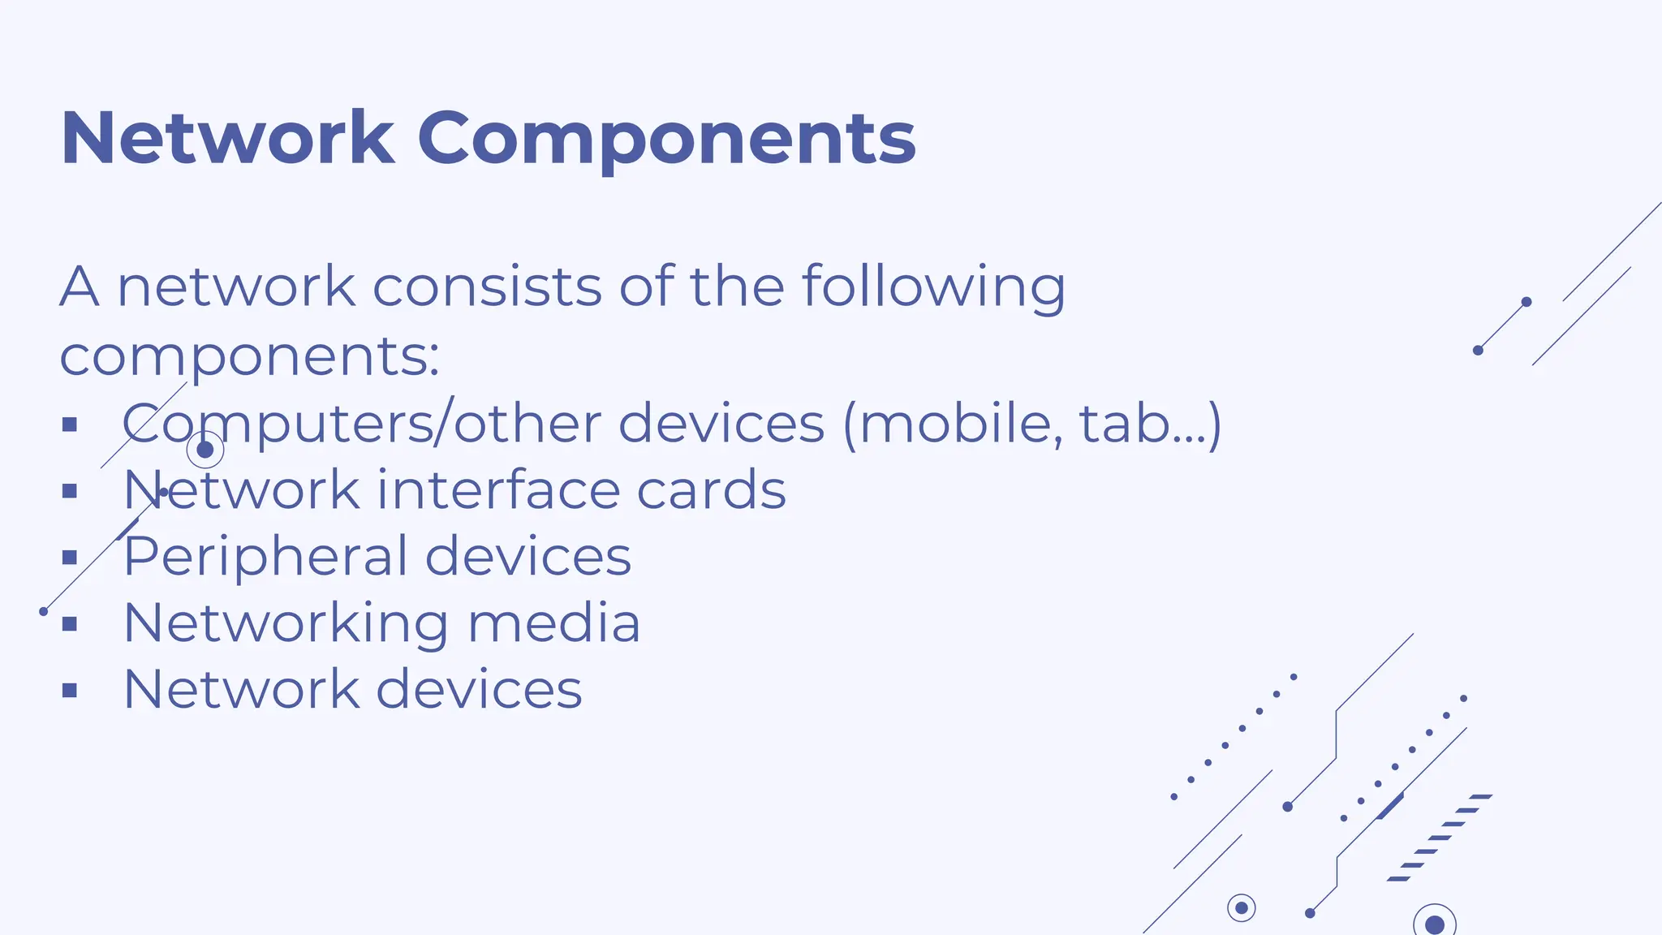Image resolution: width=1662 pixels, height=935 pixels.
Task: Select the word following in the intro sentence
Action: point(933,288)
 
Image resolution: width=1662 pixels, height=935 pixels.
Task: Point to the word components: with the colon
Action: point(249,358)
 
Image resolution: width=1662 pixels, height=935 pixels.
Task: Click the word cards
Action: point(711,490)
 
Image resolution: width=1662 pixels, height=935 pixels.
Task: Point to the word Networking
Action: point(286,624)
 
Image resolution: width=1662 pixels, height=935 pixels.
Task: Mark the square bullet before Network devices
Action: point(70,691)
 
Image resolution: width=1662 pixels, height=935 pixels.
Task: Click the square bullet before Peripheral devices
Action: point(70,558)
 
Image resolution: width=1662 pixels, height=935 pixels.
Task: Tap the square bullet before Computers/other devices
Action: point(70,424)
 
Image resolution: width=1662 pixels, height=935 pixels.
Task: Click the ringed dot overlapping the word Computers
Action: point(205,450)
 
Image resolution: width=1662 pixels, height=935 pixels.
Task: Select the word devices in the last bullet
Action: point(479,690)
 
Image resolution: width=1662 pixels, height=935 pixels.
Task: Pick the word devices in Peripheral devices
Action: point(528,557)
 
